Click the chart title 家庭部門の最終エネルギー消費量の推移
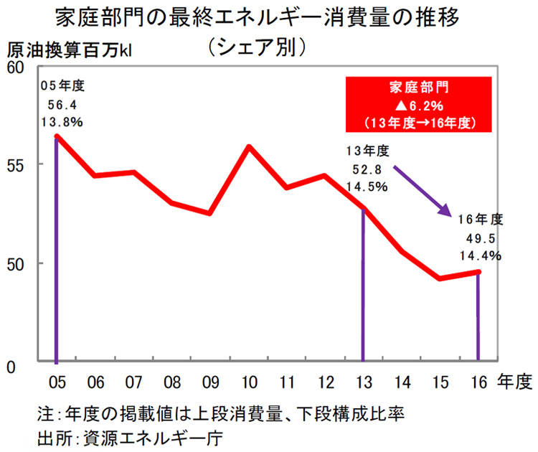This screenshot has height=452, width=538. click(x=269, y=18)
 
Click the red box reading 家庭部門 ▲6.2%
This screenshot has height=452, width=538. click(x=419, y=104)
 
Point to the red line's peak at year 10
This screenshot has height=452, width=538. click(x=248, y=147)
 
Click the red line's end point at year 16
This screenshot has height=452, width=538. click(x=478, y=271)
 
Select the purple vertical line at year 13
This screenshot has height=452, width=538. click(x=364, y=287)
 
